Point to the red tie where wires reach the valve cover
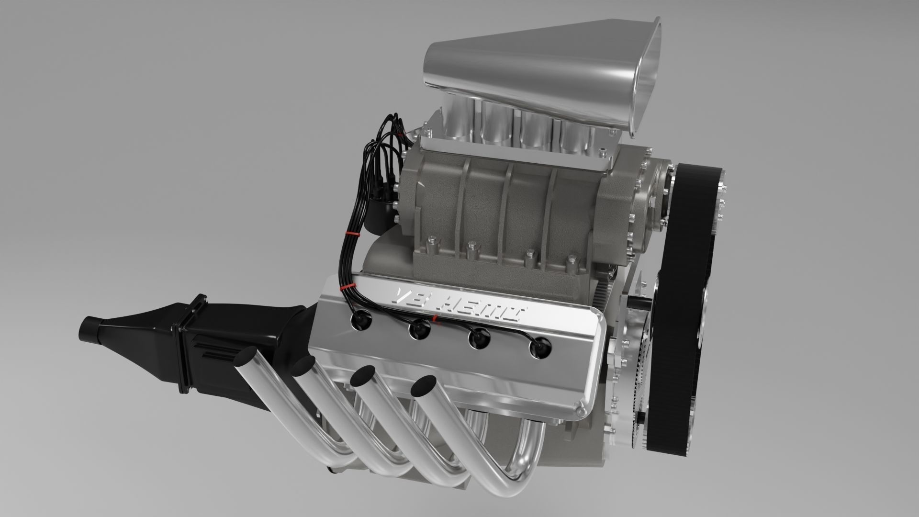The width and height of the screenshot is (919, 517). coord(343,287)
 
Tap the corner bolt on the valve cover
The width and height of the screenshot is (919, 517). coord(581,412)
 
